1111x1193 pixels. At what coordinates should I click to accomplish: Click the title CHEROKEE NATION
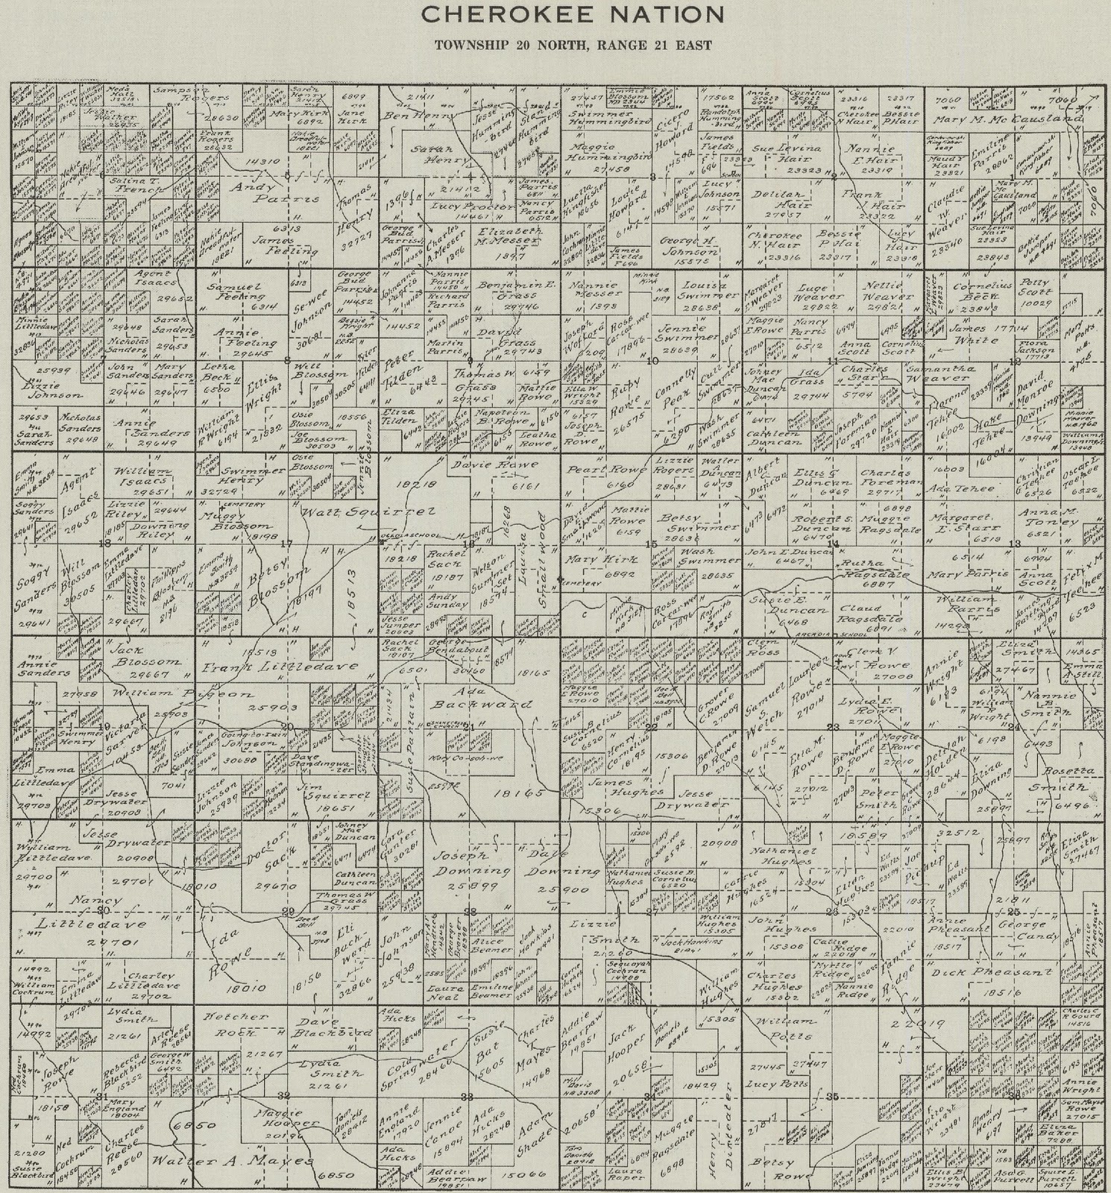click(571, 14)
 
